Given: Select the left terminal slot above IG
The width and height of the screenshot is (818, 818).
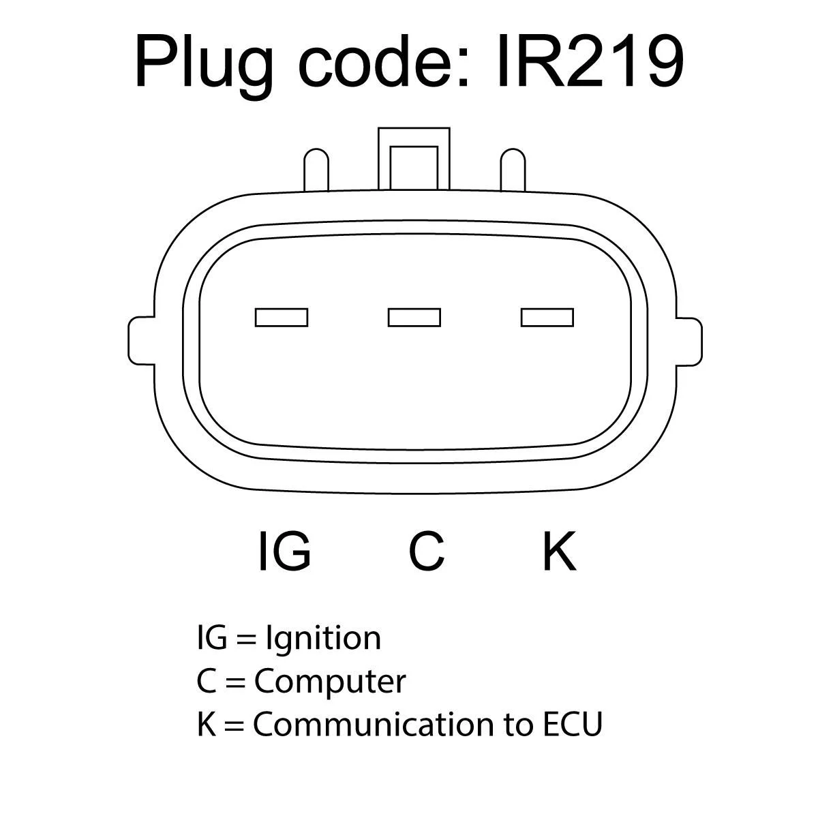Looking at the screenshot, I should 281,317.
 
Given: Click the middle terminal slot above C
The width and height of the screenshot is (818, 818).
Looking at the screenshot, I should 414,317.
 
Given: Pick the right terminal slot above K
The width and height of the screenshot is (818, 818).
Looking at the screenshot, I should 547,317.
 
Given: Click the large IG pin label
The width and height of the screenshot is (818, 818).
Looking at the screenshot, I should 285,550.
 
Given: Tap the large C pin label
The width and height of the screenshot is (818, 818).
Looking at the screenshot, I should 427,551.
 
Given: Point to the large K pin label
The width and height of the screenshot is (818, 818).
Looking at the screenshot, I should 559,550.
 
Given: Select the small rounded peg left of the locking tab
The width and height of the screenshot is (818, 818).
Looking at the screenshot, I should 316,170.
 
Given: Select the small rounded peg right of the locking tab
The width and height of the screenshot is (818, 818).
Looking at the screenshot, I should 513,170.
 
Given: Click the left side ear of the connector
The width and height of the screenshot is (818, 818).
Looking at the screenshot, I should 140,339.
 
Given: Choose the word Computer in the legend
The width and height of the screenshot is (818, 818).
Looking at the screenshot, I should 330,681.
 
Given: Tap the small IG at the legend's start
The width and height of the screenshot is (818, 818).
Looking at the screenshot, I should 211,638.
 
